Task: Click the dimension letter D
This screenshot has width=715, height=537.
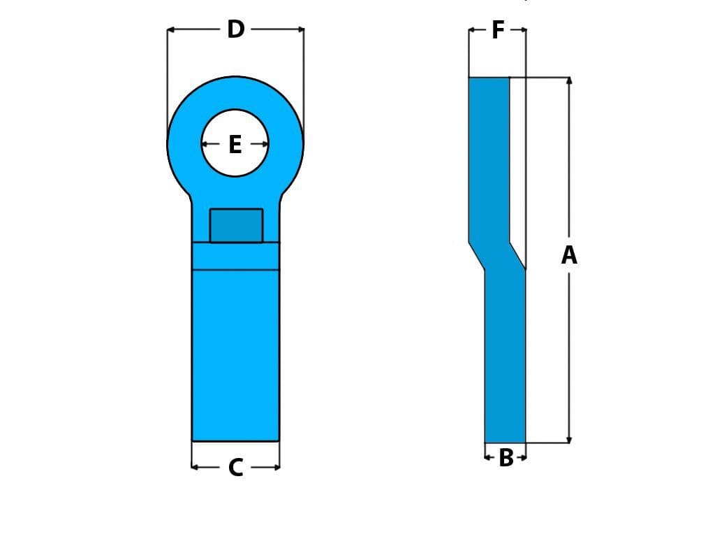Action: (236, 30)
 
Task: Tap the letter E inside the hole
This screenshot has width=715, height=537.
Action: (235, 145)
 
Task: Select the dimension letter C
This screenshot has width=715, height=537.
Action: (236, 467)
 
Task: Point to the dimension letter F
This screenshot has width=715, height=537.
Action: (498, 30)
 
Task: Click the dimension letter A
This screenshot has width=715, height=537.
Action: (569, 255)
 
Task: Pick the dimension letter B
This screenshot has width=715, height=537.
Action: (506, 458)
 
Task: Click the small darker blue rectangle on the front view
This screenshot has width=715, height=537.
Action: (236, 226)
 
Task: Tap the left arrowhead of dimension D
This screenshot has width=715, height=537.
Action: (170, 30)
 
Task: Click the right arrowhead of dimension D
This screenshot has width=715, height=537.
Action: (301, 30)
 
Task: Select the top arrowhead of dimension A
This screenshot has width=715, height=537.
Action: (569, 80)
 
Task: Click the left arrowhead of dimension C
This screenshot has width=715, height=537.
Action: (195, 467)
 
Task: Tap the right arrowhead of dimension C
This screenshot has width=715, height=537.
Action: (277, 467)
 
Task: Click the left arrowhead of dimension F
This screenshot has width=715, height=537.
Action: (471, 30)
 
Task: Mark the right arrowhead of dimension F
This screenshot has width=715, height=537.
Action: (523, 30)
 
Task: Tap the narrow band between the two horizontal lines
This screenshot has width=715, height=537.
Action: (236, 256)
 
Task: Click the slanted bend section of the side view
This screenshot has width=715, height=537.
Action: (497, 256)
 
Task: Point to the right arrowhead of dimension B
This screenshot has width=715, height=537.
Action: (523, 457)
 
